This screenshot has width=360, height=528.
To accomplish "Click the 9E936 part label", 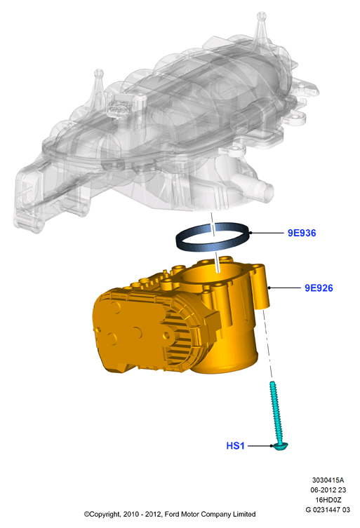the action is coord(302,233).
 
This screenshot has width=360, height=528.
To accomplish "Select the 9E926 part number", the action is coord(319,288).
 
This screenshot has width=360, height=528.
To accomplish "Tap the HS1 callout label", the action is coord(235,445).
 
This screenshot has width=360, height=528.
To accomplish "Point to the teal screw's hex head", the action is coord(281,446).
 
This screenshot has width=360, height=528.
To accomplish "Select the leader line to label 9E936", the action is coord(267,233).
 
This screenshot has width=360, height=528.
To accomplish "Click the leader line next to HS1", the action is coord(260,445).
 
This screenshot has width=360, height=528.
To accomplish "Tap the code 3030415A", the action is coord(328,480).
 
